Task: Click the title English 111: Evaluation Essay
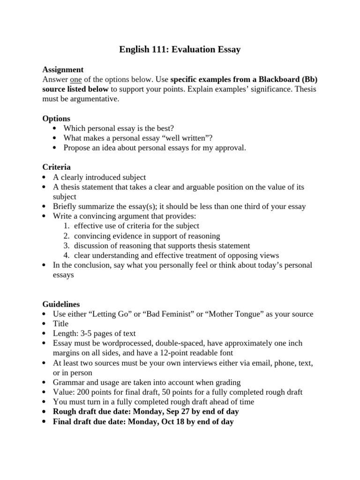180,49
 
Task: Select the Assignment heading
63,69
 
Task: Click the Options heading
56,119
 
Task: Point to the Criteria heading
57,167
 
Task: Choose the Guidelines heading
61,304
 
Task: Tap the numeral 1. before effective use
67,226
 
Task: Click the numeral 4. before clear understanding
67,255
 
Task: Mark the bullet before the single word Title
44,324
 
